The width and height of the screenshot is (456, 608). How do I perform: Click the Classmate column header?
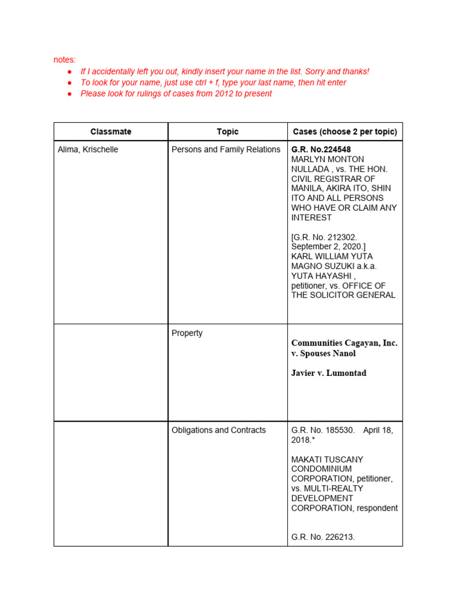pyautogui.click(x=111, y=132)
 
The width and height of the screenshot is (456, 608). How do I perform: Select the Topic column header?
pyautogui.click(x=227, y=132)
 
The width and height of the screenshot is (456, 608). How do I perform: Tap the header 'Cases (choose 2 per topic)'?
pyautogui.click(x=345, y=132)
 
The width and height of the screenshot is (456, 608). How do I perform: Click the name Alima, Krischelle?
pyautogui.click(x=88, y=150)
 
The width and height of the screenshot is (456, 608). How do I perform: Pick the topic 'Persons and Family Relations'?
pyautogui.click(x=226, y=150)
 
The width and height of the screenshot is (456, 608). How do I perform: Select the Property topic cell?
pyautogui.click(x=187, y=333)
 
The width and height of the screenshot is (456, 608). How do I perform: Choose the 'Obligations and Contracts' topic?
pyautogui.click(x=218, y=430)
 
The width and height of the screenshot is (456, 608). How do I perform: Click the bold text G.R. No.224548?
pyautogui.click(x=325, y=150)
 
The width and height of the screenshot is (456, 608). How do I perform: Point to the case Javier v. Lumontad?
pyautogui.click(x=328, y=373)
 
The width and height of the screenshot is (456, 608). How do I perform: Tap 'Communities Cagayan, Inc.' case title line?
pyautogui.click(x=344, y=343)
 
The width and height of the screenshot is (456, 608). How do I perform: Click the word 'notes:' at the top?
pyautogui.click(x=65, y=60)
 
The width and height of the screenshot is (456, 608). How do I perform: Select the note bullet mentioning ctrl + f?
pyautogui.click(x=213, y=83)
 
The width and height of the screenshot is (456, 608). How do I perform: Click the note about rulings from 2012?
pyautogui.click(x=176, y=94)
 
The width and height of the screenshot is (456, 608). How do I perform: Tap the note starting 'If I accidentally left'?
pyautogui.click(x=224, y=71)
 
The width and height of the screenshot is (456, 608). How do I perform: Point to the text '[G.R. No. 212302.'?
pyautogui.click(x=324, y=237)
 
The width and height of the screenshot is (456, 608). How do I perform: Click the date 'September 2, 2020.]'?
pyautogui.click(x=325, y=246)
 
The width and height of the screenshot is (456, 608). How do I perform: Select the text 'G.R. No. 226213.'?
pyautogui.click(x=323, y=537)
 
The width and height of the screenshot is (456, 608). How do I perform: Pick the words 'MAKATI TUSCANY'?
pyautogui.click(x=327, y=460)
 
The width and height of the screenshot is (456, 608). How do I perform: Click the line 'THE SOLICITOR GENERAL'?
pyautogui.click(x=343, y=295)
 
